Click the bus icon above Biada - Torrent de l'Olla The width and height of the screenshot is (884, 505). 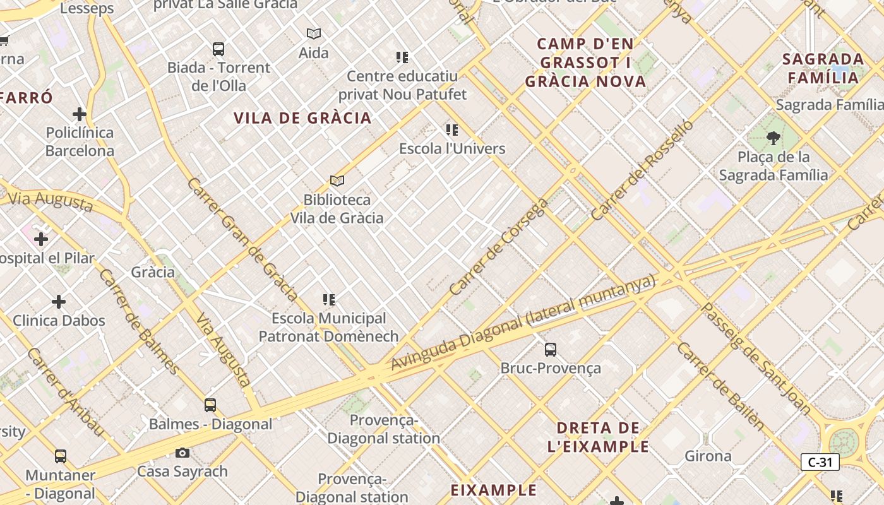218,49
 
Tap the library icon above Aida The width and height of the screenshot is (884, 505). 314,33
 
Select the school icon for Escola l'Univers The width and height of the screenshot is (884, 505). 452,130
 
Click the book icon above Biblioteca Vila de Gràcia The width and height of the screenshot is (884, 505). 337,181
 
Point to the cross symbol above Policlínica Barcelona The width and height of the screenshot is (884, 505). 80,114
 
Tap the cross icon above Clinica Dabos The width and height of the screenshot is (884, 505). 59,302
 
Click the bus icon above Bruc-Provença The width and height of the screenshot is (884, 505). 551,349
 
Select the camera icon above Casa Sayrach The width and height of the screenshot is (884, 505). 182,453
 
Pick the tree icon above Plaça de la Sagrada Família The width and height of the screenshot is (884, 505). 773,138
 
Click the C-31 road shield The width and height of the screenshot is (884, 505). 820,462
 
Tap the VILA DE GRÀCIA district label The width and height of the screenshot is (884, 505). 302,118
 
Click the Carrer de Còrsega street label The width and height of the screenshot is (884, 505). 499,247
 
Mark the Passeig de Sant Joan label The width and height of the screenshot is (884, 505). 756,359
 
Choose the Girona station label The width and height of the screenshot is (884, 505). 708,456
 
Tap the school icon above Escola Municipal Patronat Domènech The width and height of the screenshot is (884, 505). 329,299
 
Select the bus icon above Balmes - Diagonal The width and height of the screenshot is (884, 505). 210,405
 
